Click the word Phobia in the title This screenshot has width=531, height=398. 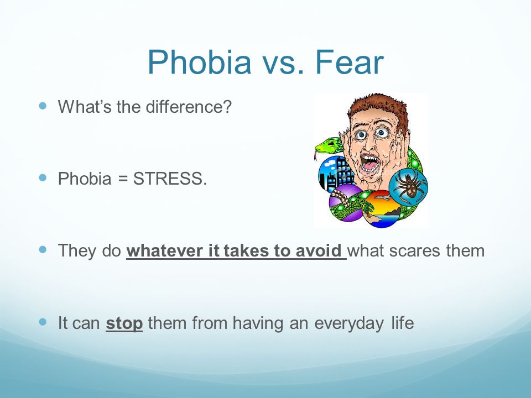click(x=200, y=62)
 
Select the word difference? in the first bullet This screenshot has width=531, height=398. click(x=189, y=107)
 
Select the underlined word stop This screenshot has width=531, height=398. click(x=124, y=323)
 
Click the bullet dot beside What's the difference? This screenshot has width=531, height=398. click(x=43, y=106)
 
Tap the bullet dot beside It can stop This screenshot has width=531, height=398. click(x=43, y=322)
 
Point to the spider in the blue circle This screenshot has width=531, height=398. click(x=409, y=186)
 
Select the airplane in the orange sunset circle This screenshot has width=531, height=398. click(x=383, y=197)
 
